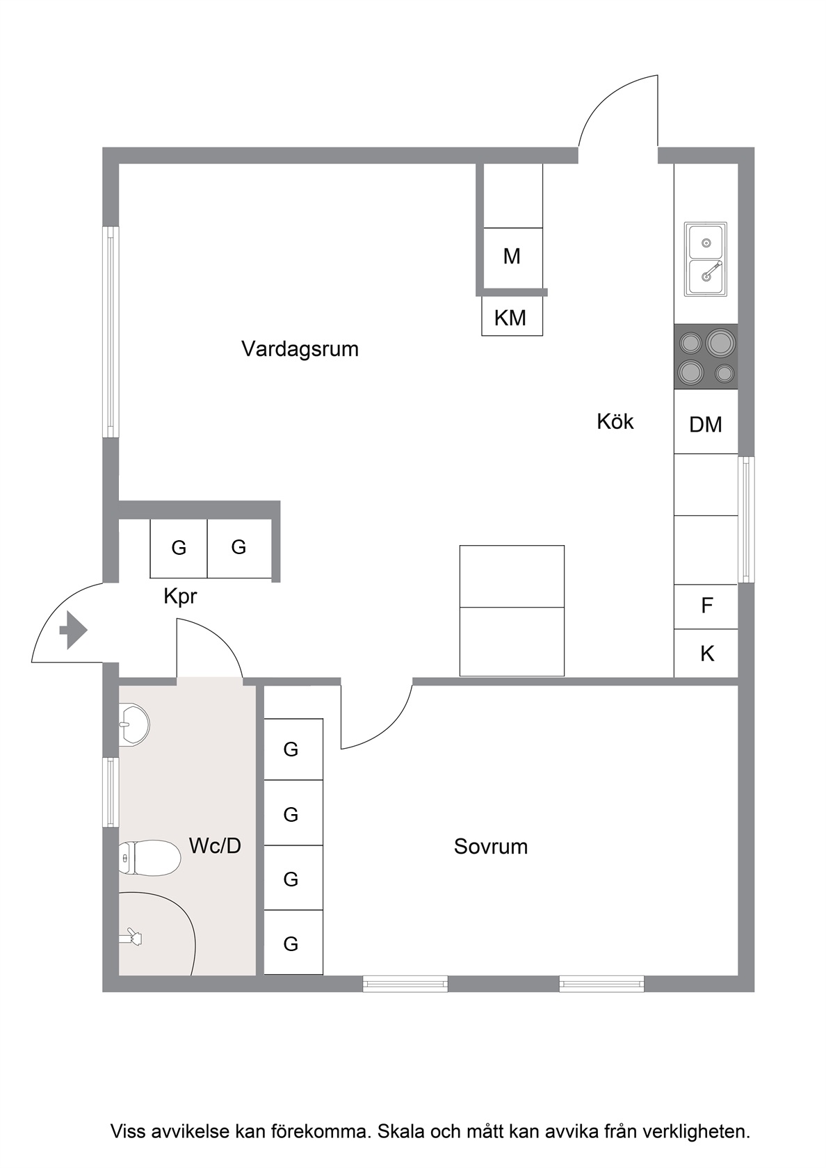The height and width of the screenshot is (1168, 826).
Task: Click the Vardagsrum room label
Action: (x=300, y=349)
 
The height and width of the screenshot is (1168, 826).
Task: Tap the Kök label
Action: (x=615, y=421)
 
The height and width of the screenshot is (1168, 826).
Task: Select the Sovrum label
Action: (x=491, y=846)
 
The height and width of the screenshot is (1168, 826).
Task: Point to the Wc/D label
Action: (x=215, y=845)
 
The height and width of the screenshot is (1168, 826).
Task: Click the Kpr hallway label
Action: (x=181, y=597)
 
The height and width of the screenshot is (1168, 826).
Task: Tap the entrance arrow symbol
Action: (x=74, y=630)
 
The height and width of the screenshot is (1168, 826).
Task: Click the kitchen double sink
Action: (x=706, y=259)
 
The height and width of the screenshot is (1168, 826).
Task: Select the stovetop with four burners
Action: (x=706, y=357)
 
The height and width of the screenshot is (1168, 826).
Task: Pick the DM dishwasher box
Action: (x=706, y=421)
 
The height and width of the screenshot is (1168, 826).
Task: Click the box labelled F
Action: (x=706, y=606)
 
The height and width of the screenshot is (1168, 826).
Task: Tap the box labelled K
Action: (x=706, y=654)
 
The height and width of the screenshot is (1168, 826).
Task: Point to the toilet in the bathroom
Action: (x=149, y=857)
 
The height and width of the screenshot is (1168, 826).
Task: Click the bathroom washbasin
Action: (x=134, y=724)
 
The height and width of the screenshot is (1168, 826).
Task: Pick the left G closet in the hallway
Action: (x=179, y=549)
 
